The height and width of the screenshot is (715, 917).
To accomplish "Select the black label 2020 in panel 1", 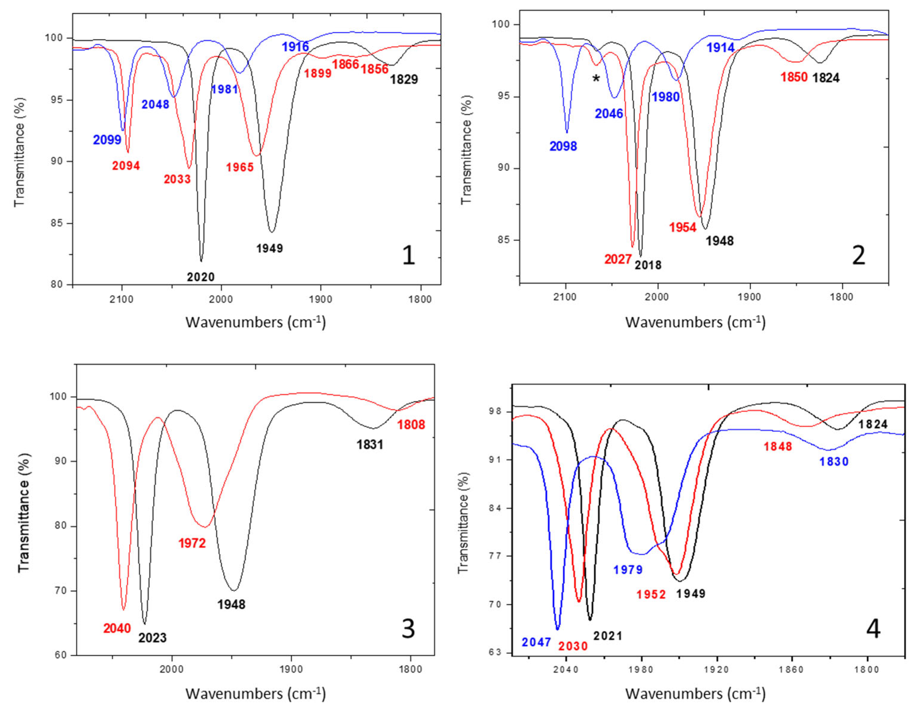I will (x=201, y=277).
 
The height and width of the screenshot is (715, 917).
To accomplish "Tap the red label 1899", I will (x=318, y=74).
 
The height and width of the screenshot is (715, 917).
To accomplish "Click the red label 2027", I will (x=618, y=260).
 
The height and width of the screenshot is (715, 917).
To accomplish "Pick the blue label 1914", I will (x=720, y=48).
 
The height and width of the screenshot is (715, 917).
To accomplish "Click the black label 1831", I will (x=370, y=445).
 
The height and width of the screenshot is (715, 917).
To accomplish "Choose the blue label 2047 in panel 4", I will (x=536, y=642).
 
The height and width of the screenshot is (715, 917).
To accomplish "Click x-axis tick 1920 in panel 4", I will (x=717, y=670).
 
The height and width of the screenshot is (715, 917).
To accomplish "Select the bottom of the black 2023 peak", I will (x=144, y=624).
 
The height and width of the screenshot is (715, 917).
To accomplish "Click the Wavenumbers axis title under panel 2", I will (x=695, y=322).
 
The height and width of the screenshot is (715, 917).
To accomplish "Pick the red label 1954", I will (x=683, y=228).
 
